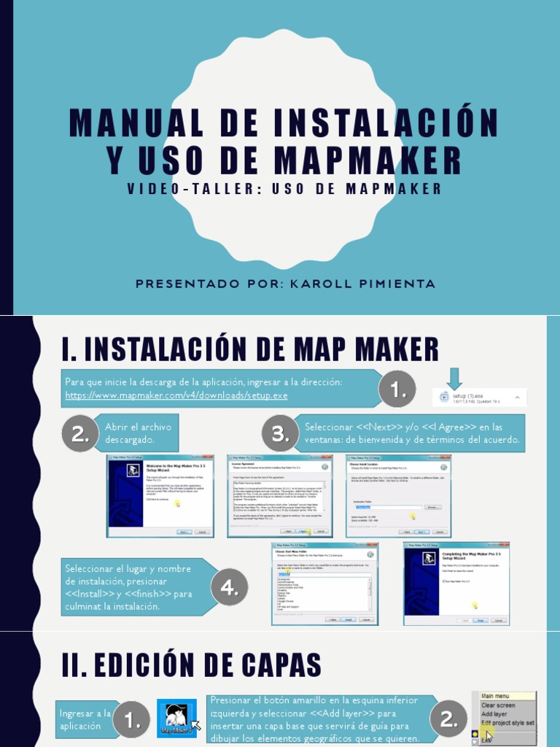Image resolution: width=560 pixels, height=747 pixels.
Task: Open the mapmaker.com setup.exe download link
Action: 176,395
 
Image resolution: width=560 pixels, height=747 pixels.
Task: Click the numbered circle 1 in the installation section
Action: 397,390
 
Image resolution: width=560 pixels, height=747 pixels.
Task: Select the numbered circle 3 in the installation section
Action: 277,434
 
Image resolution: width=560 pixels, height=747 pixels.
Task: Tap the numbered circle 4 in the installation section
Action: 230,587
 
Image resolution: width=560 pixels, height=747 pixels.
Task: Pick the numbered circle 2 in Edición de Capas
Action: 448,719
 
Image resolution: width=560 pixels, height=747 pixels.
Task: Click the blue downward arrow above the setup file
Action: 455,379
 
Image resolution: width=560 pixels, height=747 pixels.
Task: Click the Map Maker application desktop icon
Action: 176,719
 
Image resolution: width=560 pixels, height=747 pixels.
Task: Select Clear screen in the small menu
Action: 498,705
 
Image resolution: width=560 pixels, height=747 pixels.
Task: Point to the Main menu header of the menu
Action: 496,696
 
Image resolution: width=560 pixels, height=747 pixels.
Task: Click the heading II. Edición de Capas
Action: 192,665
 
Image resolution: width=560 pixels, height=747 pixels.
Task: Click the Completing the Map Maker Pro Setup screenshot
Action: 456,584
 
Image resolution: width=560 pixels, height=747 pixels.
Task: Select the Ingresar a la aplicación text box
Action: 85,719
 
